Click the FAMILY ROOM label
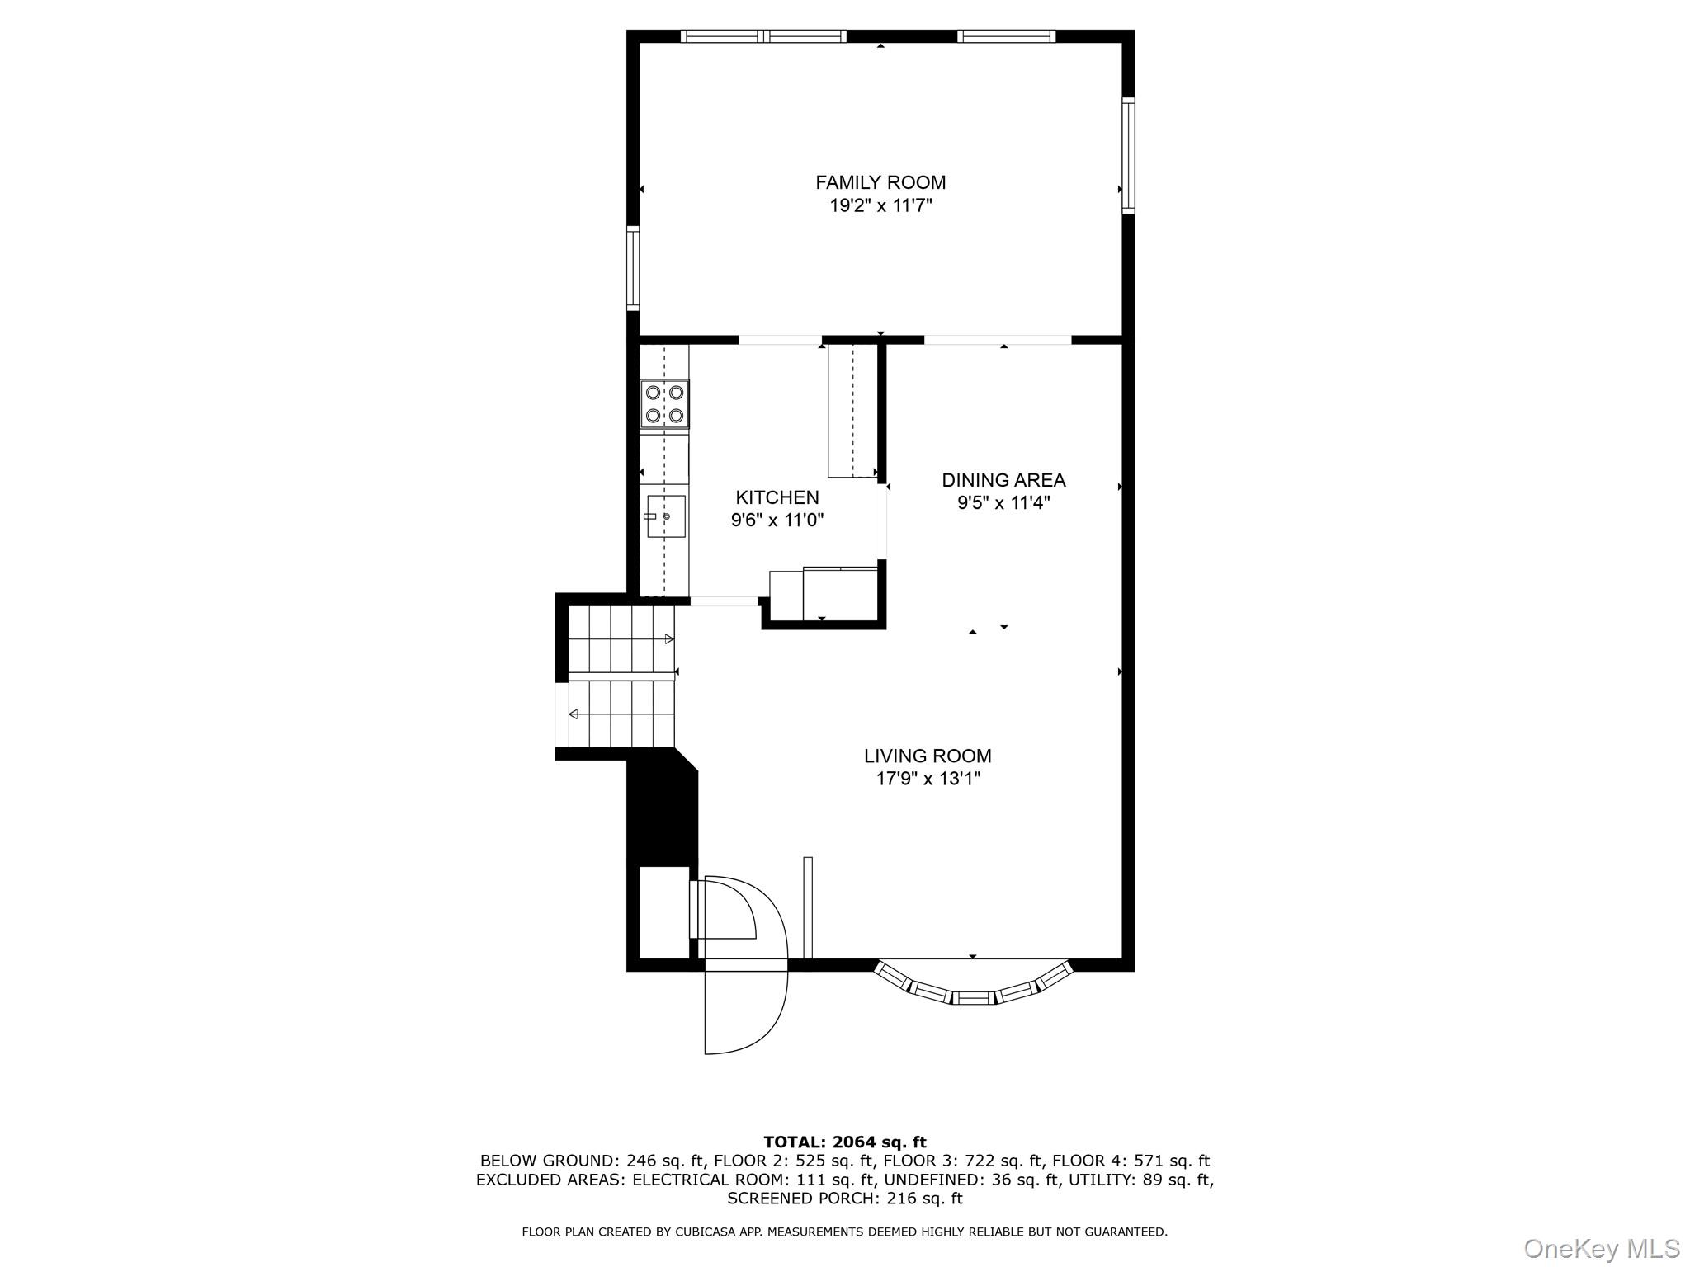[x=880, y=182]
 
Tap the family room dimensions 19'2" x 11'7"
[x=880, y=205]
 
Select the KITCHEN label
[x=777, y=497]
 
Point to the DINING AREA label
[x=1003, y=480]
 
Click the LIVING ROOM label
[x=928, y=756]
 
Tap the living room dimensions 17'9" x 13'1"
[x=928, y=778]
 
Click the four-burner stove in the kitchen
[x=665, y=404]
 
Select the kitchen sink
[x=666, y=516]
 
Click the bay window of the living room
[x=973, y=987]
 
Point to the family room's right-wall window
[x=1128, y=155]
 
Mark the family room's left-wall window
[x=633, y=267]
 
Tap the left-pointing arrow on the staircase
[x=573, y=714]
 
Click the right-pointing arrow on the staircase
[x=669, y=639]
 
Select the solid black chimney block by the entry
[x=663, y=812]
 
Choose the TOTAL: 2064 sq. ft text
[x=844, y=1142]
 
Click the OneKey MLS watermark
[x=1602, y=1248]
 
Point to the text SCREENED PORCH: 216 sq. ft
[x=844, y=1198]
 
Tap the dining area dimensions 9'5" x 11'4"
[x=1003, y=503]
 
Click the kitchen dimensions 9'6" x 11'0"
[x=777, y=520]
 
